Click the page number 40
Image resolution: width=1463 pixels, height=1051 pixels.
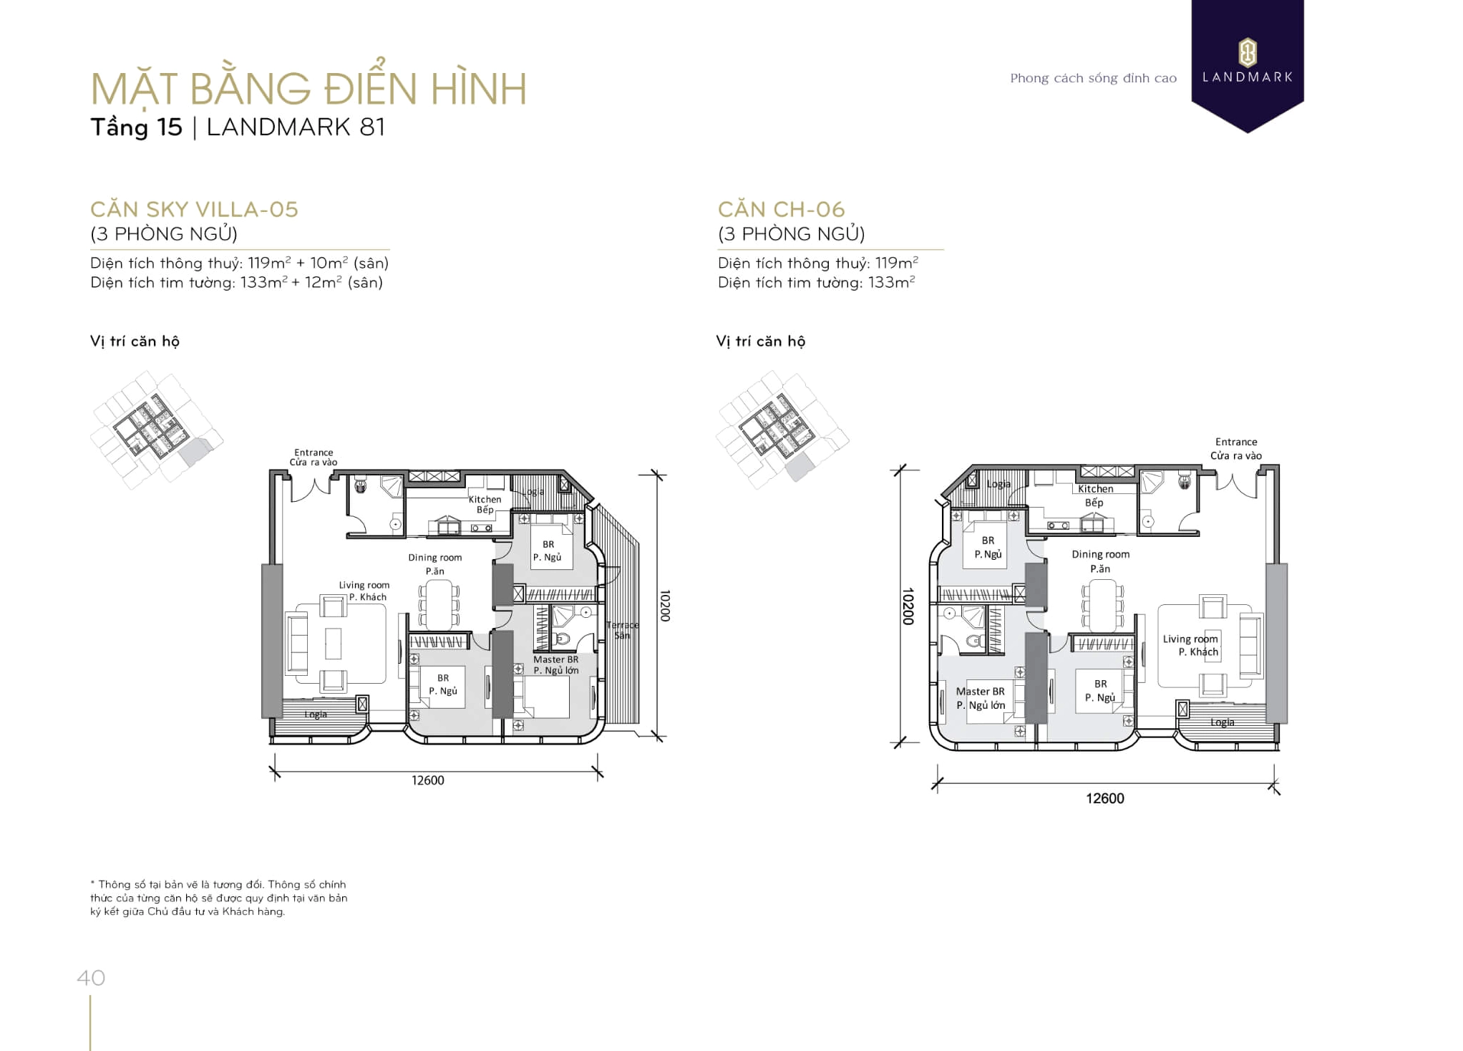[x=91, y=977]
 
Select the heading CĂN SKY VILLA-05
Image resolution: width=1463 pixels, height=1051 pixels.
[x=194, y=209]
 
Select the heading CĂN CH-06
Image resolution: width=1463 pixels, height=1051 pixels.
[x=781, y=209]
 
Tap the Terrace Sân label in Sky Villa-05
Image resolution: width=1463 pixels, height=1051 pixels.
[x=622, y=630]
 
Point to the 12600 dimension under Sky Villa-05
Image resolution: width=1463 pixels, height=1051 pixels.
[x=427, y=780]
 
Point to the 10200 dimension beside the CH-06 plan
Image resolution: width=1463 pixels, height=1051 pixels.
[x=908, y=606]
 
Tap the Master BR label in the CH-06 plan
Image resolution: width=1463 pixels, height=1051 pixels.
[x=981, y=698]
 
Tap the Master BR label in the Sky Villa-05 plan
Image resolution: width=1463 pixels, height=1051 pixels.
[x=555, y=664]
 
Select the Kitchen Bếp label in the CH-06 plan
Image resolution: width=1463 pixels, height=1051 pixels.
[x=1095, y=495]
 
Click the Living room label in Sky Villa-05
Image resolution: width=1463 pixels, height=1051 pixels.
[x=364, y=591]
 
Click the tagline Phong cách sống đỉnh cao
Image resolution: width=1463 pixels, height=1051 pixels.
[x=1093, y=78]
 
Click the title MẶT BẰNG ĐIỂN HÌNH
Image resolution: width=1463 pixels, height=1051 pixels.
[x=308, y=89]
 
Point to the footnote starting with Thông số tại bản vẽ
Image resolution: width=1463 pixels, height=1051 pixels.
[x=218, y=898]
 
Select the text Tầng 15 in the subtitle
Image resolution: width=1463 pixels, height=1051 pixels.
[x=136, y=127]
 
